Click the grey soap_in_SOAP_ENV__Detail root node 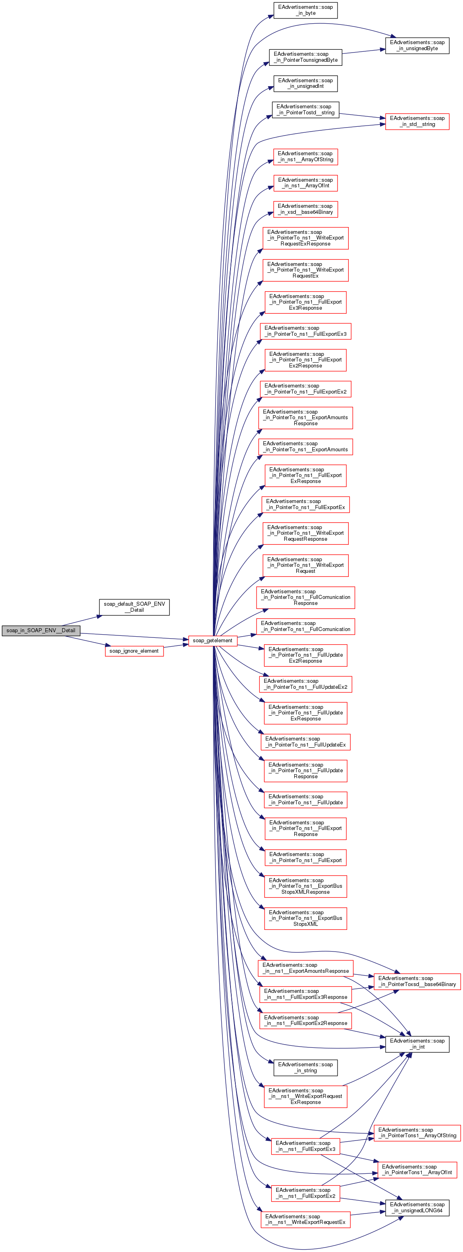[41, 630]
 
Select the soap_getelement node [212, 641]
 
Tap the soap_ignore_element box [134, 651]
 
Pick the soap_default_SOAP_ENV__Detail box [134, 607]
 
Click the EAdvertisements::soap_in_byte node [305, 10]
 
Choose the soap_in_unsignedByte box [417, 45]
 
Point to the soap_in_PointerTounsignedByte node [305, 57]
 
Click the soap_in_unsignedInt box [305, 83]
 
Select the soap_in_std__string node [417, 121]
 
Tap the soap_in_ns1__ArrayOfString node [305, 156]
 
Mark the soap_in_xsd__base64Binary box [305, 209]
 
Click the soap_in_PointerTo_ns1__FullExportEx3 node [305, 331]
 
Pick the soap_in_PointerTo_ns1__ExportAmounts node [305, 446]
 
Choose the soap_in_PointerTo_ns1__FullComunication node [305, 627]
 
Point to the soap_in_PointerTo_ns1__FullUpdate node [305, 799]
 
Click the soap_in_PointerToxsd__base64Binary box [417, 981]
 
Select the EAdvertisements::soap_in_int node [417, 1044]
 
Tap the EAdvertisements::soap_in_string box [305, 1068]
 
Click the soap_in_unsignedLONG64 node [417, 1208]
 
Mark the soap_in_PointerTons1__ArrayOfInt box [417, 1170]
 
